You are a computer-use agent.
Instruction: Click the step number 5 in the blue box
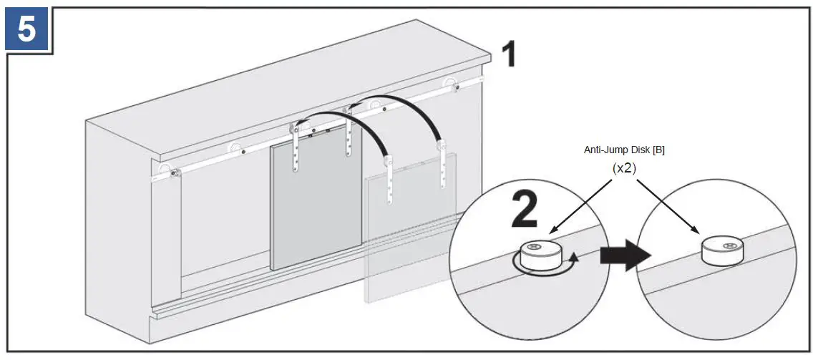(x=26, y=29)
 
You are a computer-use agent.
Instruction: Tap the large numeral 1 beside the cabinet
(x=507, y=54)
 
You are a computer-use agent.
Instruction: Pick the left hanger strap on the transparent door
(x=389, y=180)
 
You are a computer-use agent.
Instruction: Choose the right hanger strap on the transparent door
(x=444, y=167)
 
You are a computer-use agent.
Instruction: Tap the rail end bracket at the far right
(x=452, y=85)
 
